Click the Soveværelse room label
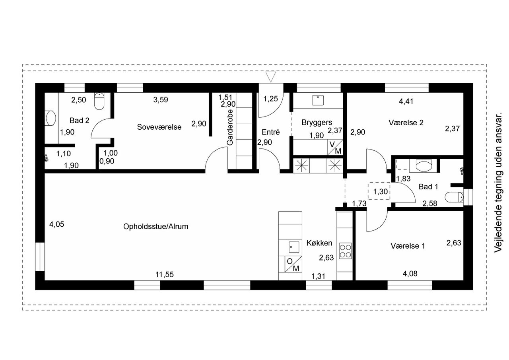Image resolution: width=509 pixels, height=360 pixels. (159, 127)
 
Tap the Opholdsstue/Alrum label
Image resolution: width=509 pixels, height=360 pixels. (155, 227)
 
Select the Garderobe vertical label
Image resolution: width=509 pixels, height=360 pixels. (230, 127)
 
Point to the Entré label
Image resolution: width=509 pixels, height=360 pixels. (270, 132)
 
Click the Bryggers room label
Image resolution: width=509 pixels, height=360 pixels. (317, 123)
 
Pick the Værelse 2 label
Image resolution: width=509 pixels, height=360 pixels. (406, 123)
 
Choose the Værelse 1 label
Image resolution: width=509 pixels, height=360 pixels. (408, 246)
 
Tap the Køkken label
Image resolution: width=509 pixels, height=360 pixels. (319, 243)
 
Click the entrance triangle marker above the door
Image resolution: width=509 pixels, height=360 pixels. (270, 77)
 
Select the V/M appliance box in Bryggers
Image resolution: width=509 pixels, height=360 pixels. (335, 148)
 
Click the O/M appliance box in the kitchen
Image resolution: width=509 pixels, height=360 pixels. (293, 264)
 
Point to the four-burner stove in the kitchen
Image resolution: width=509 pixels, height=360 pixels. (346, 251)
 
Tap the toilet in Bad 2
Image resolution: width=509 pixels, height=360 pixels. (99, 101)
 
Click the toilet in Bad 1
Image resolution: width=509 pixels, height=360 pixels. (454, 197)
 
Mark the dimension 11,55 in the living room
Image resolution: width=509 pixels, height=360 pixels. (164, 274)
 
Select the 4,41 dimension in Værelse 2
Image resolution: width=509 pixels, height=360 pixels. (406, 101)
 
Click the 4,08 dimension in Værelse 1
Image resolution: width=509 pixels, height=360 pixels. (410, 274)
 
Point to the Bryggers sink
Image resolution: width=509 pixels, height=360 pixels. (318, 100)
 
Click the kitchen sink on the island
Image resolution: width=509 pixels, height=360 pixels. (294, 247)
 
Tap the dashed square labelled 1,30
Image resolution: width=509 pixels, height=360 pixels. (379, 191)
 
